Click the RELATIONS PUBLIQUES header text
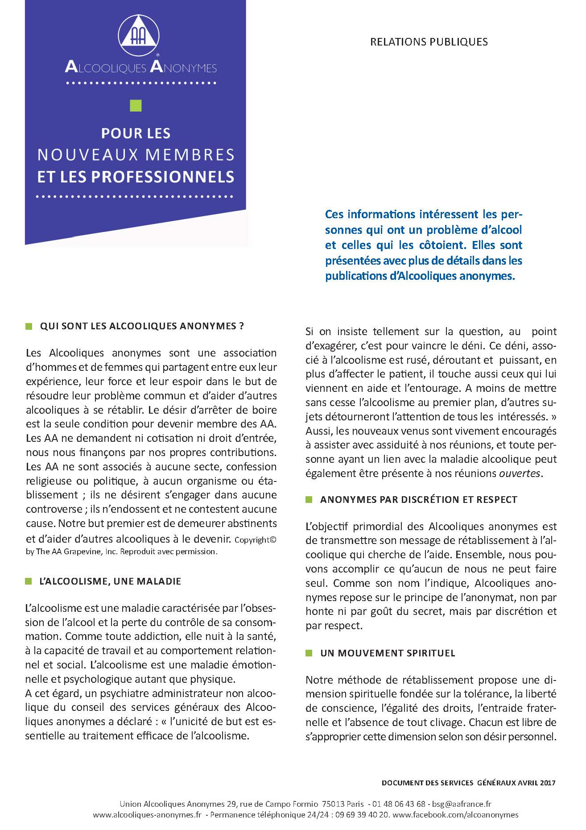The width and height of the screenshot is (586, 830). tap(429, 42)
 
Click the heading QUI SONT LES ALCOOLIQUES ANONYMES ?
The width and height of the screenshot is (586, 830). tap(142, 326)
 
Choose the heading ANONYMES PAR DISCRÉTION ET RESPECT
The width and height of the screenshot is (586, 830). tap(418, 499)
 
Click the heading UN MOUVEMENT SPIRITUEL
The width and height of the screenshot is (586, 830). tap(388, 653)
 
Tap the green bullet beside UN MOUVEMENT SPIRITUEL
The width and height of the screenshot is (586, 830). tap(309, 653)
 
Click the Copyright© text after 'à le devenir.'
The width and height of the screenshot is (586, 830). tap(256, 539)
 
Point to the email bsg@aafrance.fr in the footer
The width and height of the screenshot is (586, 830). tap(462, 804)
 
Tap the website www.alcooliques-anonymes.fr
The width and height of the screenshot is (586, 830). tap(147, 814)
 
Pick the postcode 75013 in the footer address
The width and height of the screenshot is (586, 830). tap(331, 804)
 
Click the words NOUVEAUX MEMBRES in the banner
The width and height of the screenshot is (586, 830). tap(136, 154)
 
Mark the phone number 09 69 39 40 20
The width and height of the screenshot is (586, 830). tap(358, 814)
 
